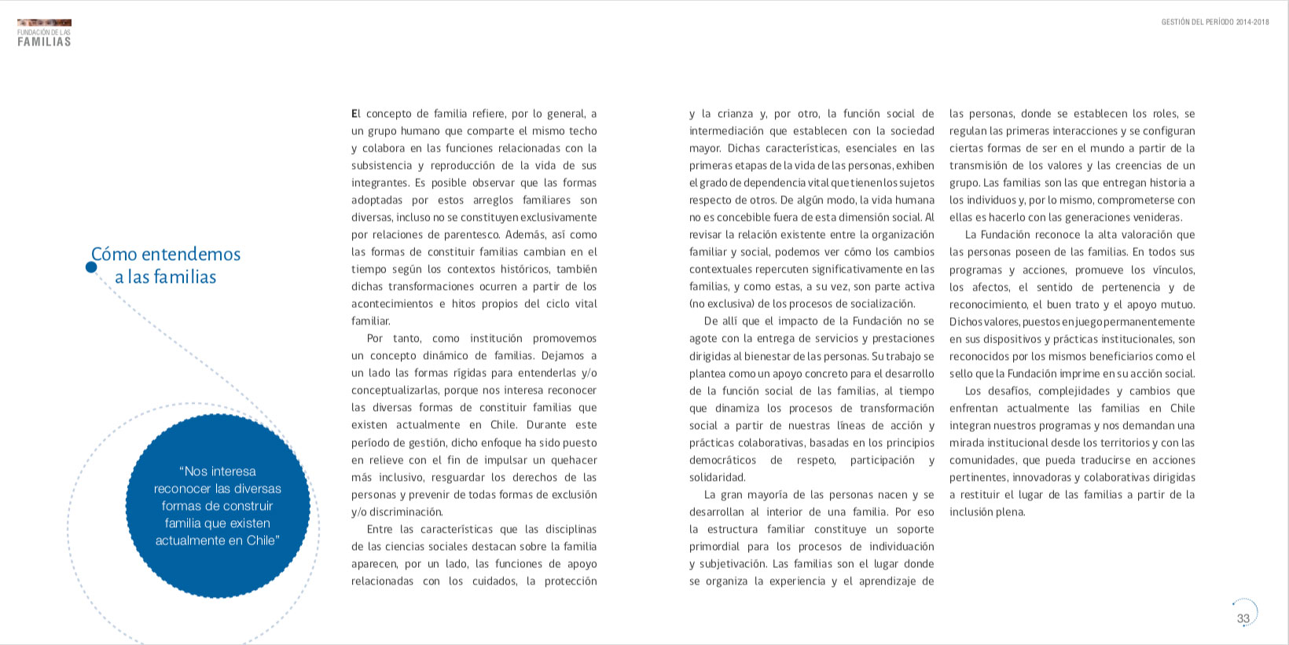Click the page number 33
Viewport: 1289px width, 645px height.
click(x=1243, y=618)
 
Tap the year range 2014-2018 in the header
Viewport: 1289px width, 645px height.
click(x=1252, y=22)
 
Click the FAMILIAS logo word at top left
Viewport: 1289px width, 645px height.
click(x=44, y=42)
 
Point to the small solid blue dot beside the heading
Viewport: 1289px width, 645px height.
click(x=91, y=267)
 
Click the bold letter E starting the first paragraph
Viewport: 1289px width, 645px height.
click(x=354, y=114)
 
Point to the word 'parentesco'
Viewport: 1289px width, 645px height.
click(x=472, y=235)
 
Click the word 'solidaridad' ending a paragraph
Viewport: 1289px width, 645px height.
click(x=716, y=478)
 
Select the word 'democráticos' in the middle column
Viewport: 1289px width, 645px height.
click(x=722, y=460)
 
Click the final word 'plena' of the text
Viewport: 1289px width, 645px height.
click(x=1009, y=512)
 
